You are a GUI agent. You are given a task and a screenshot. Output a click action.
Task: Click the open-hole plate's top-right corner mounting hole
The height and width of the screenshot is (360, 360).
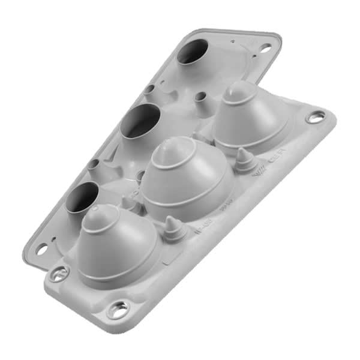point(265,49)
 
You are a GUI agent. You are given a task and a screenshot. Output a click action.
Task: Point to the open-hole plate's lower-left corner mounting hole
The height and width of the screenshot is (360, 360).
point(42,248)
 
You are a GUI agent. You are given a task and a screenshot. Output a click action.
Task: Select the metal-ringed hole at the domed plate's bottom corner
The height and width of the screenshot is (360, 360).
point(118,310)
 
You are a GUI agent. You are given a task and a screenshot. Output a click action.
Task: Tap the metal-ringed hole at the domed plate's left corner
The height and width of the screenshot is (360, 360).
point(58,275)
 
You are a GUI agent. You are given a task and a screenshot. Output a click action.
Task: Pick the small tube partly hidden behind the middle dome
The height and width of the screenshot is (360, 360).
point(141,175)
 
